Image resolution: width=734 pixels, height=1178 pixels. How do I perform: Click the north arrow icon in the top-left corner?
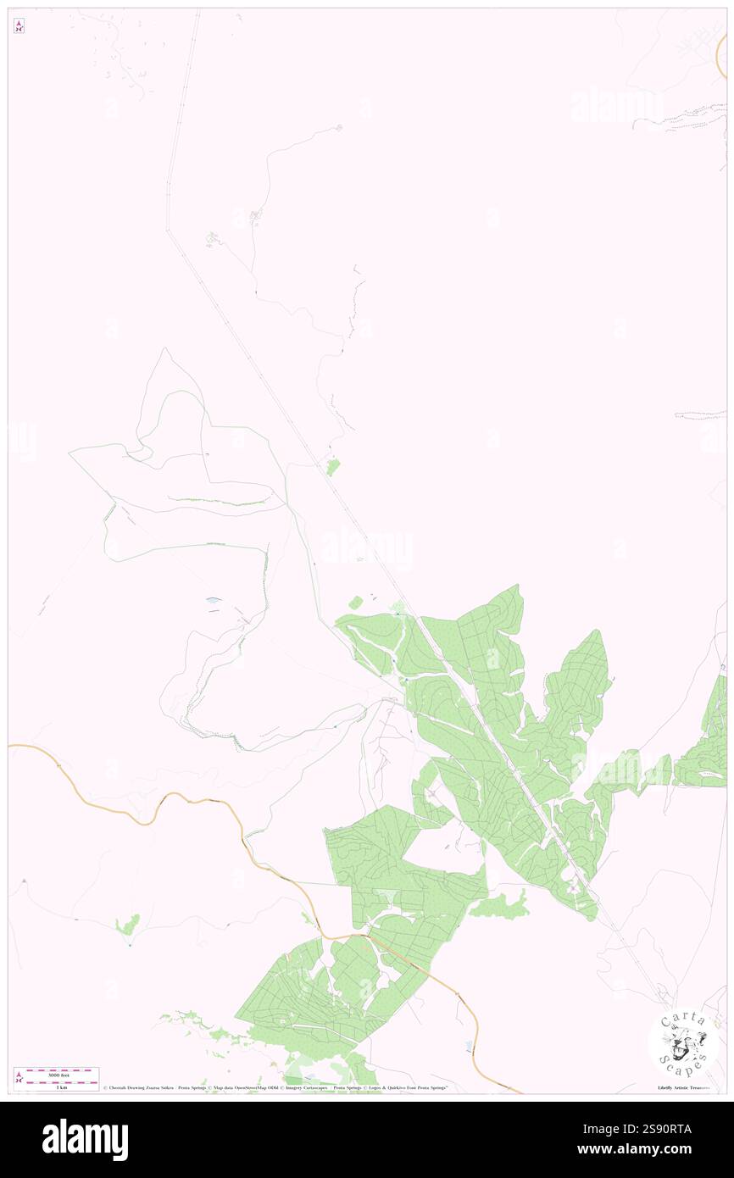point(19,26)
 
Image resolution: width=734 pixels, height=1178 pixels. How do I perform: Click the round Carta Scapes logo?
point(683,1042)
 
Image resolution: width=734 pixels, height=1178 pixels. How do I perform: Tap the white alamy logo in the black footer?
point(85,1139)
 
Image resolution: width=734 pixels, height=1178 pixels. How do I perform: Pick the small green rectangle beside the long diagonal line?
point(333,466)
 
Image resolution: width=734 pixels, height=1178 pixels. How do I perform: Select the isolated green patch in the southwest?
point(128,925)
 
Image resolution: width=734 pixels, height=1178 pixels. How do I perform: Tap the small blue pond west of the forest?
point(212,601)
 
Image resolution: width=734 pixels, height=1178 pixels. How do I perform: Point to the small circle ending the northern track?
point(339,127)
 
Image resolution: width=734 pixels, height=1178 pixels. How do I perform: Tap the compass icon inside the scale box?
point(19,1078)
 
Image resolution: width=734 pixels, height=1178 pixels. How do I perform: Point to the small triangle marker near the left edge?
point(24,881)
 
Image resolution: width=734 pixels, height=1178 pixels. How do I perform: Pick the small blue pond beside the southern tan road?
point(469,1047)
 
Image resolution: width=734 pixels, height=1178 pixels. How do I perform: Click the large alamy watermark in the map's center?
point(366,549)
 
